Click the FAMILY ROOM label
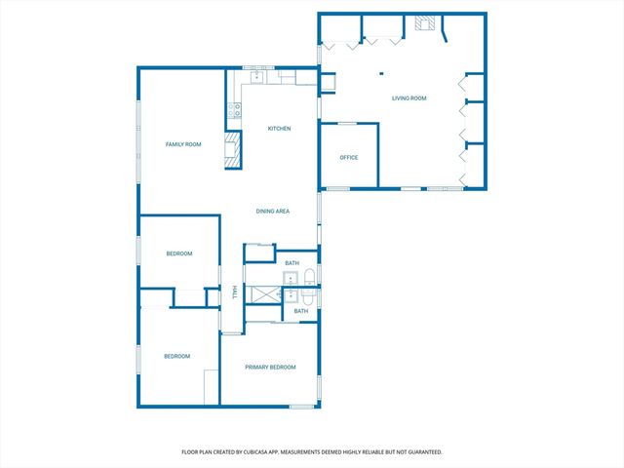(182, 144)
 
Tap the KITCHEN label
(280, 129)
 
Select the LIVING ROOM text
(409, 98)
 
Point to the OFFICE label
(349, 157)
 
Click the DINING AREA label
(273, 212)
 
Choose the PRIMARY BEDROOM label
(270, 367)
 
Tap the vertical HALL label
(234, 293)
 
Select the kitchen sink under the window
(257, 76)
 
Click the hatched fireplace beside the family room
(232, 150)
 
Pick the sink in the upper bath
(291, 280)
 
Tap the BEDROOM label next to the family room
(178, 253)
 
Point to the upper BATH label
(292, 263)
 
